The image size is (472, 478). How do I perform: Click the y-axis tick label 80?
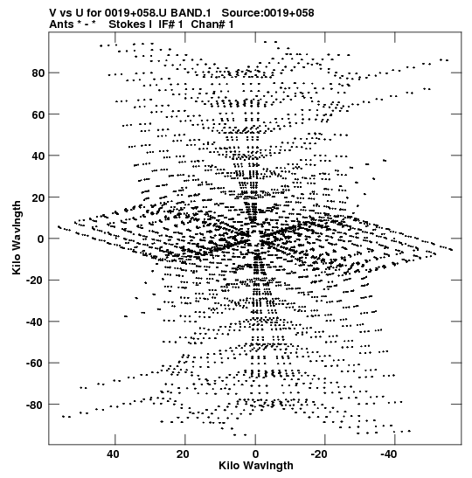point(38,73)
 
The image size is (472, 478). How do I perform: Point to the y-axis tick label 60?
point(38,114)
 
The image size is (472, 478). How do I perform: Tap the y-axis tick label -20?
point(35,281)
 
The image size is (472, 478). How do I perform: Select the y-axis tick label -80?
point(35,405)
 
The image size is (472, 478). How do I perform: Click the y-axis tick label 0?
point(41,239)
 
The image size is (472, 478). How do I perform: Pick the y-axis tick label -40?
point(35,322)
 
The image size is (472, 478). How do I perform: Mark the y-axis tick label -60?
point(35,363)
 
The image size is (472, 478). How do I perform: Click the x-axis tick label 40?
point(113,454)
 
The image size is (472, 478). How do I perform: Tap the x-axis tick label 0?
point(255,454)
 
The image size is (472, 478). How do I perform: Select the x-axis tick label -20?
point(319,454)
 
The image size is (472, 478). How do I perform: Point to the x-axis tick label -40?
point(389,454)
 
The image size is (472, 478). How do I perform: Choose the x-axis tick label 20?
point(183,454)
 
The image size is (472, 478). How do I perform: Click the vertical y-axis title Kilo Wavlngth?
point(17,238)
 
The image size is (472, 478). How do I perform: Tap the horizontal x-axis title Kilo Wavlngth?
point(256,466)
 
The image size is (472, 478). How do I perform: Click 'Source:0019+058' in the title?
point(267,13)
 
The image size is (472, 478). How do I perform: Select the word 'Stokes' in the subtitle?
point(130,24)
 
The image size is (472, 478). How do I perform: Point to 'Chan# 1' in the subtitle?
point(212,24)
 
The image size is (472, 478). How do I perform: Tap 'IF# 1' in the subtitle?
point(170,24)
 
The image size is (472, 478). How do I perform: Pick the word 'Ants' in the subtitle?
point(61,24)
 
